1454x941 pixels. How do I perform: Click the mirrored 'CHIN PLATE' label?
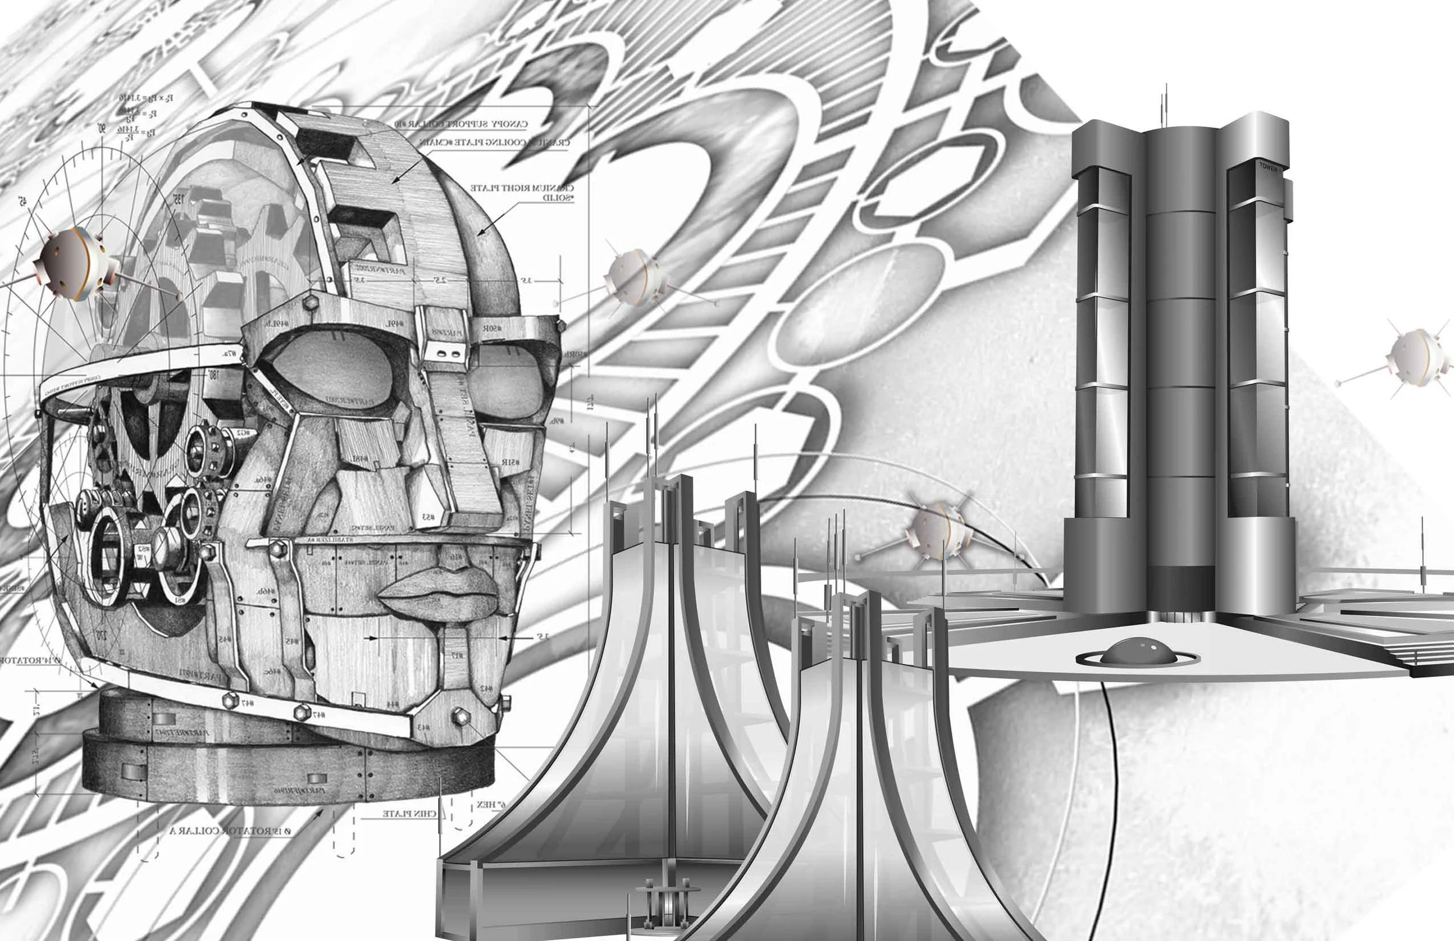click(x=409, y=813)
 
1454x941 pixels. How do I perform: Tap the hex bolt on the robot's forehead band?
click(x=309, y=301)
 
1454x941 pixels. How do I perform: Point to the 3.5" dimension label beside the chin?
click(x=541, y=636)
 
